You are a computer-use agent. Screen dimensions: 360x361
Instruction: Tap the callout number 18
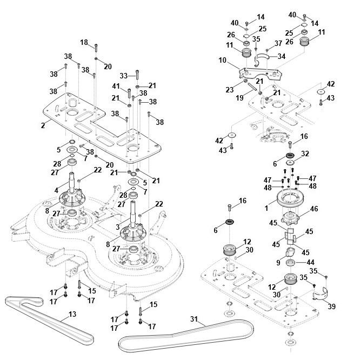pos(84,42)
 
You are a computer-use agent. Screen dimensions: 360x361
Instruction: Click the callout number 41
pos(117,86)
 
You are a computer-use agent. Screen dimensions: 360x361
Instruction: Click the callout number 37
pos(279,43)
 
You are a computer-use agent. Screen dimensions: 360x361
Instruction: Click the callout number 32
pos(305,154)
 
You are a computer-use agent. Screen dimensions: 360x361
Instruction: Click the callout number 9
pos(278,262)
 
